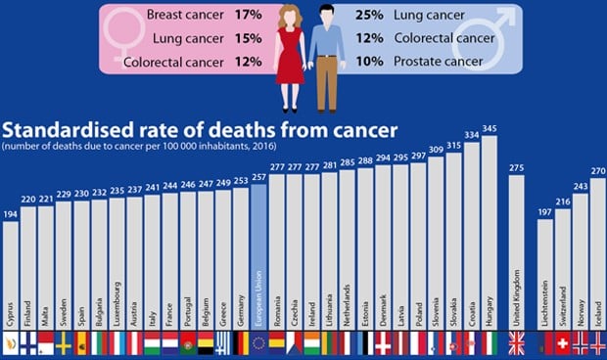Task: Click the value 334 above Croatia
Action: click(471, 134)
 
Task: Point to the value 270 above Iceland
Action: click(598, 170)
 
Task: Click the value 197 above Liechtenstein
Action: click(545, 210)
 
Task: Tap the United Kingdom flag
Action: click(516, 343)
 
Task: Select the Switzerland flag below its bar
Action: click(563, 343)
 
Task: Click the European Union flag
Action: click(258, 343)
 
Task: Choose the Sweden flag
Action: click(64, 343)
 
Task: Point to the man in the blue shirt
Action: click(327, 54)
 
